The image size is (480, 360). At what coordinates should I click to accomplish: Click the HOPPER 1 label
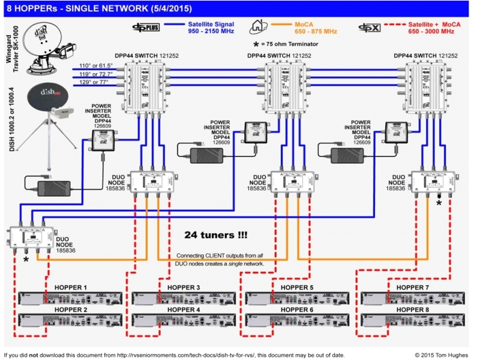pos(70,288)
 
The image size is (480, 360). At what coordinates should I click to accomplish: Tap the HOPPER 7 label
pos(413,288)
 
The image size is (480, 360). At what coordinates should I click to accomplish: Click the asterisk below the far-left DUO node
pos(26,260)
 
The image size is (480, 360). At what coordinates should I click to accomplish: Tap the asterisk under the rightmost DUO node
pos(439,203)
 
